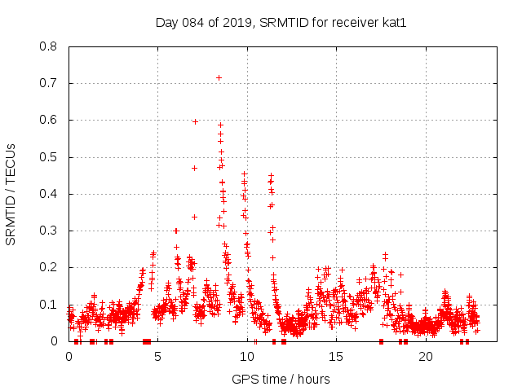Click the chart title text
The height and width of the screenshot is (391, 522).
coord(281,22)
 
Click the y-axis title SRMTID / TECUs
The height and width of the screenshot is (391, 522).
coord(11,194)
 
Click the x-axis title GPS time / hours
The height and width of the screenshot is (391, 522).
coord(281,379)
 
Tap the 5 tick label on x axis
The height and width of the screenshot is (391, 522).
coord(158,357)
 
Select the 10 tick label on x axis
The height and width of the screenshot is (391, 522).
coord(247,357)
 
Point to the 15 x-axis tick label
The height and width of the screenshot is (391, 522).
coord(337,357)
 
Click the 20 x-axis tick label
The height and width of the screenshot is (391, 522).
coord(426,357)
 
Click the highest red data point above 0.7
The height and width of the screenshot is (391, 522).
coord(219,77)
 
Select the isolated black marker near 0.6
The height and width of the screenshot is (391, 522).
coord(195,121)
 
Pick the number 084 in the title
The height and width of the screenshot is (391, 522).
coord(195,22)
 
